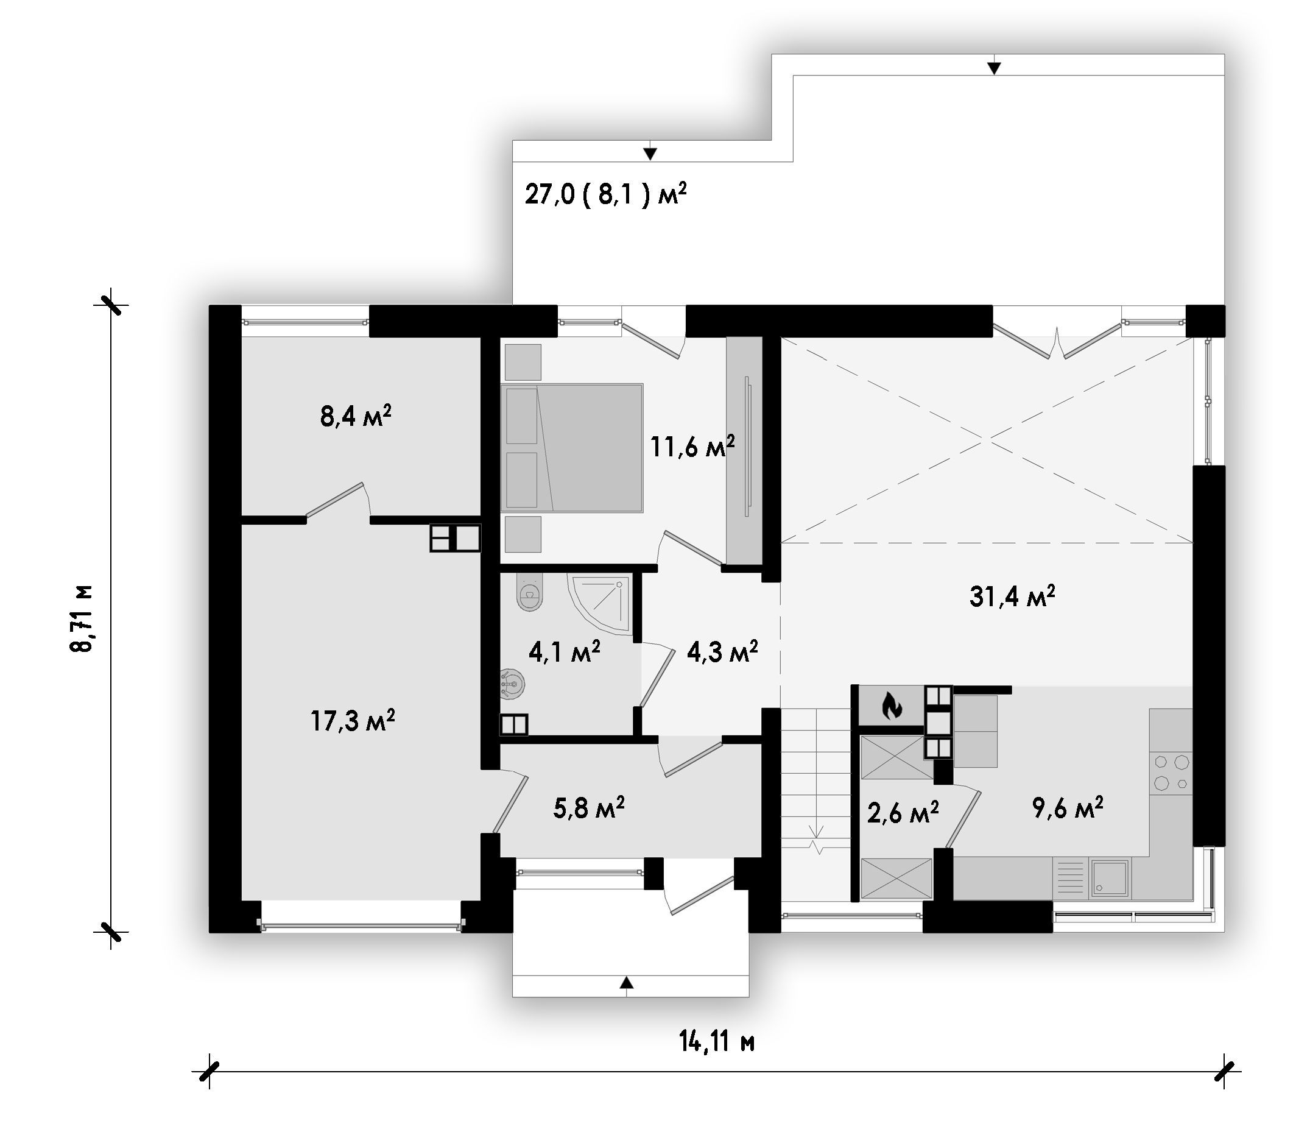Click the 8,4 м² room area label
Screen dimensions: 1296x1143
(x=356, y=417)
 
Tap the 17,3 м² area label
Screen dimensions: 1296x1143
(x=353, y=721)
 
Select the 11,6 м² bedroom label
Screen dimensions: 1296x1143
(x=692, y=447)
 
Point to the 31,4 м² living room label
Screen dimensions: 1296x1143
(x=1012, y=596)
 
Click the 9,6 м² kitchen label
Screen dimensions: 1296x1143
(x=1068, y=807)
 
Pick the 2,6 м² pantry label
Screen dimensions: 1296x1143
(x=903, y=813)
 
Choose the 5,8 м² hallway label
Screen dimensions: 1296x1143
(x=589, y=808)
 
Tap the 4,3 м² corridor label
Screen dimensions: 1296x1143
(x=722, y=651)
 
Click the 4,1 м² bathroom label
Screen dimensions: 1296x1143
(x=565, y=651)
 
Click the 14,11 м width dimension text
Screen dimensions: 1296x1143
(x=717, y=1041)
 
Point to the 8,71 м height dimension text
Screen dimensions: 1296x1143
(x=82, y=618)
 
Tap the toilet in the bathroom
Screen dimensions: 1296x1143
(x=529, y=591)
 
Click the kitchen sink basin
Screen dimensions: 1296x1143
(x=1109, y=878)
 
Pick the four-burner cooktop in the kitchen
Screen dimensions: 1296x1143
(x=1171, y=772)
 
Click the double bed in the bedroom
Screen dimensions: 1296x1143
(x=572, y=448)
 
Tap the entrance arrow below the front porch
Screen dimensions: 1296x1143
(x=627, y=983)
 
